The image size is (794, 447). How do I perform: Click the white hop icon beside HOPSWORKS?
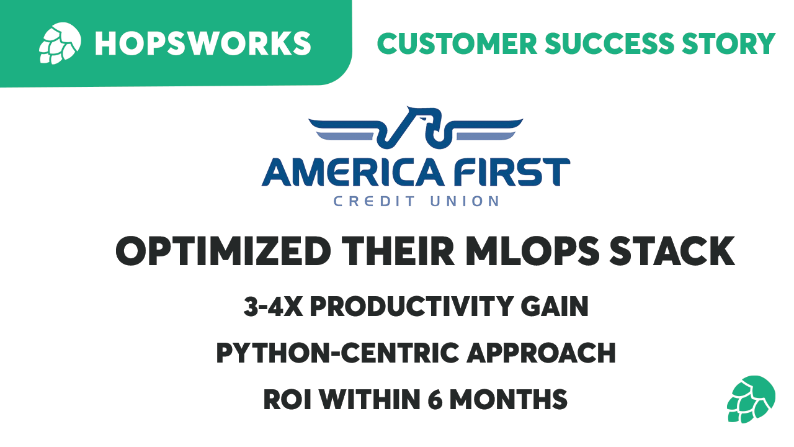(60, 43)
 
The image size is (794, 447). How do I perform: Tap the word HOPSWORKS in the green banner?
(202, 43)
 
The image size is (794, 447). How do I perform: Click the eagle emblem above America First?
(416, 129)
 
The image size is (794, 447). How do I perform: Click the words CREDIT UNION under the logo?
(416, 201)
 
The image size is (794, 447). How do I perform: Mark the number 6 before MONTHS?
(435, 399)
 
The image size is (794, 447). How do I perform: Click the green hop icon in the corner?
(751, 399)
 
